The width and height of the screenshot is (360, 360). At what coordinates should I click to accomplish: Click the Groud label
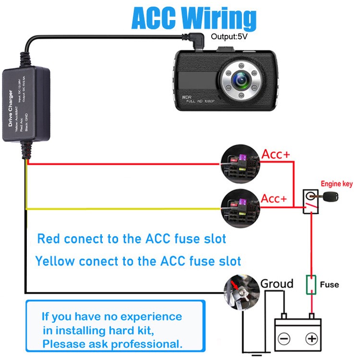276,284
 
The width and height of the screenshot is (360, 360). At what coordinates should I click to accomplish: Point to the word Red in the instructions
48,239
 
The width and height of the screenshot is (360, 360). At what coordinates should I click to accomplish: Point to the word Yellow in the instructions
55,262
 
